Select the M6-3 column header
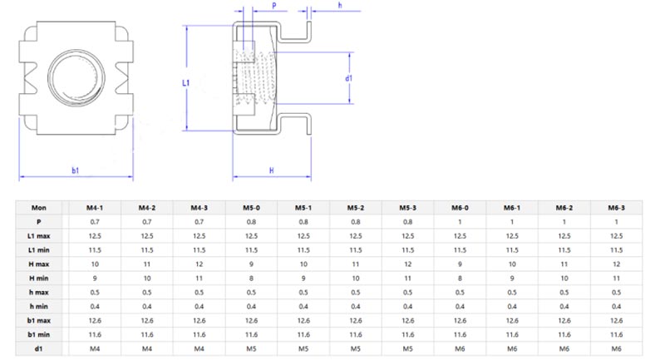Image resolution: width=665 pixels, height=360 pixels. coord(616,207)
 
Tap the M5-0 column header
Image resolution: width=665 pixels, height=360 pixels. coord(251,207)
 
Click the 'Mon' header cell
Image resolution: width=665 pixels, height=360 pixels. coord(38,207)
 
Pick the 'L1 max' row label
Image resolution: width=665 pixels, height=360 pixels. coord(38,235)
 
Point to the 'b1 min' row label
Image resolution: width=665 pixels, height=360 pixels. coord(38,333)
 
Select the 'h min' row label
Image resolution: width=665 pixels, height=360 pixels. coord(38,305)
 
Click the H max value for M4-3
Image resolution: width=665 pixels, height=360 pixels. coord(199,263)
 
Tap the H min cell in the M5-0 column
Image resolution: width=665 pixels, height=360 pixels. coord(251,277)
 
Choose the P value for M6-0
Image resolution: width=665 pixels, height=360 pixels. coord(460,221)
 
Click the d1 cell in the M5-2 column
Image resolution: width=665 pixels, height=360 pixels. coord(356,347)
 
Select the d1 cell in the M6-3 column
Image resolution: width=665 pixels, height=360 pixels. coord(616,347)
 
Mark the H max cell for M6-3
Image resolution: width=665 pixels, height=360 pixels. coord(616,263)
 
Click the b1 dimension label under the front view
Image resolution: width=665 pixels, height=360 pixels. coord(75,170)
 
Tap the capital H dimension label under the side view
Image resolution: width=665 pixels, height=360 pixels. coord(272,170)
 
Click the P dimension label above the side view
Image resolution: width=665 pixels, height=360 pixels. coord(275,5)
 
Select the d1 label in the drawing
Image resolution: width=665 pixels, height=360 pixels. coord(349,78)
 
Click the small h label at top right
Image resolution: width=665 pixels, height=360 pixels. coord(339,6)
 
